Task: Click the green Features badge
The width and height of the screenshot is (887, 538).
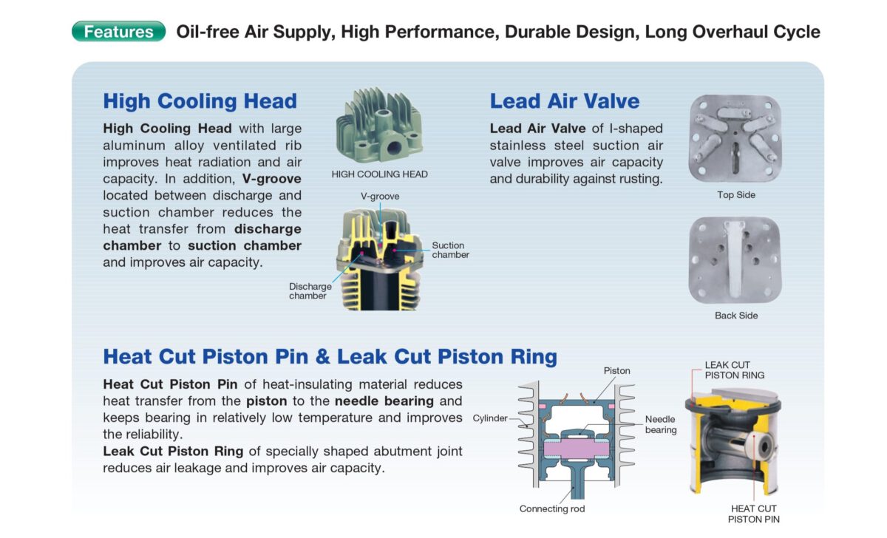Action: (118, 31)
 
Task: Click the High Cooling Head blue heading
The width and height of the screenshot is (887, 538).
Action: (200, 101)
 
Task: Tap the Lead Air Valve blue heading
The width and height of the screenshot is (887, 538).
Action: (565, 101)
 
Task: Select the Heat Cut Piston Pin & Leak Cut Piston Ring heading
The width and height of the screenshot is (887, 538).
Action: (330, 356)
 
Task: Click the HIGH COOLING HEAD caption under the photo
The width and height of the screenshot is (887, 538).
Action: (379, 174)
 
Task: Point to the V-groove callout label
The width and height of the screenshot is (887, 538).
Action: (380, 197)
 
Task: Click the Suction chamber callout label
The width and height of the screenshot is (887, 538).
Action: (451, 250)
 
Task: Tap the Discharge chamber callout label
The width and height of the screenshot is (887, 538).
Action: (310, 291)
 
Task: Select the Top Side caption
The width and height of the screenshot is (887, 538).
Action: (736, 195)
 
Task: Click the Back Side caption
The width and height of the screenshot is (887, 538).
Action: (736, 316)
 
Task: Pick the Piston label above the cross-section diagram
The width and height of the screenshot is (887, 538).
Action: (616, 371)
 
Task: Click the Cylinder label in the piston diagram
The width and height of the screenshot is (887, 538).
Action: (490, 418)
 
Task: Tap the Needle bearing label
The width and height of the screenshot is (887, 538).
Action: (661, 424)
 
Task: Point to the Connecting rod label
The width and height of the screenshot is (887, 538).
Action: (552, 508)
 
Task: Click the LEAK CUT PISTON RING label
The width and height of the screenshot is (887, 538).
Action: (735, 370)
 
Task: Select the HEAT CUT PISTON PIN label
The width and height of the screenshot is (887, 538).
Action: (753, 514)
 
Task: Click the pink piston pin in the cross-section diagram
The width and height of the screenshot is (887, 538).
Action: (576, 449)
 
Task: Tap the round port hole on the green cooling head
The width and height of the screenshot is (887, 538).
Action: (393, 148)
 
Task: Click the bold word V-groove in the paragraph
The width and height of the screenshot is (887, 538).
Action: (272, 179)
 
